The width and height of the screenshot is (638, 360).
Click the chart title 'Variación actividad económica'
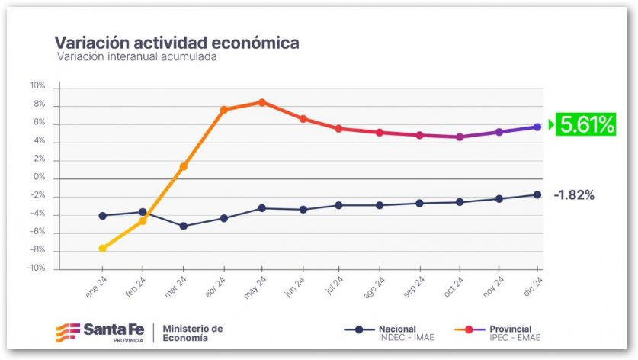coord(177,42)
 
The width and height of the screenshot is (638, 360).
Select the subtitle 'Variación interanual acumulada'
coord(137,57)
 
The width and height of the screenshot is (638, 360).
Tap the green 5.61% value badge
coord(585,124)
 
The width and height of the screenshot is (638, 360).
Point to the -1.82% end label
coord(573,195)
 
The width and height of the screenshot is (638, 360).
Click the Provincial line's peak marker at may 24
coord(262,102)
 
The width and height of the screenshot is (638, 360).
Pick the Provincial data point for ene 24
coord(103,248)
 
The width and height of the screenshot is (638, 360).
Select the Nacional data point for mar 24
coord(183,226)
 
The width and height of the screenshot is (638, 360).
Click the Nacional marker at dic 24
coord(537,195)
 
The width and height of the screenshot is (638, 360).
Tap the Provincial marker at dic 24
coord(537,127)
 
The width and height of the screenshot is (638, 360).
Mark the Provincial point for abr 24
coord(224,110)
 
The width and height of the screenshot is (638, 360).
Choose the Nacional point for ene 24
coord(103,215)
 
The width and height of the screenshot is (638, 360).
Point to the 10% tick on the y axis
coord(38,86)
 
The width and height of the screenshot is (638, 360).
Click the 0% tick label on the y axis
coord(40,178)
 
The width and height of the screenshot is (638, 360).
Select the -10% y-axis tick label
coord(37,268)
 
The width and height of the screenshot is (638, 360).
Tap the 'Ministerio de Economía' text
coord(194,333)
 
